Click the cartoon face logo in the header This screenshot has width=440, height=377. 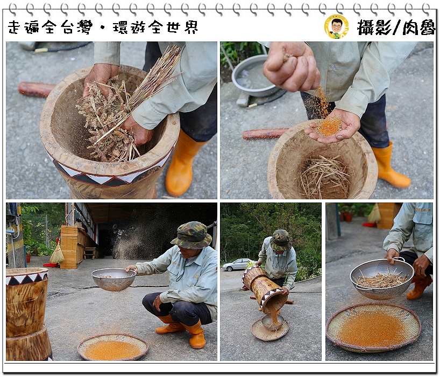point(336,27)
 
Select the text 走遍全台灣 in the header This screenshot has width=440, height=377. point(50,27)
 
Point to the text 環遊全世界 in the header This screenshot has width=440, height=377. point(155,27)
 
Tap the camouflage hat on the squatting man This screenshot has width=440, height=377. point(191,235)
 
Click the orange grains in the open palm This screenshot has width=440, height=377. point(329,126)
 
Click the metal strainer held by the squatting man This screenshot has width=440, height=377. point(113,279)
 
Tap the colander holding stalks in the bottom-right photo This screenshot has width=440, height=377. point(381,278)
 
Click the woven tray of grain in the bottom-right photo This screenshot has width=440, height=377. point(373,327)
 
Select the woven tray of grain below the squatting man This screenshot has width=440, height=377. point(113,347)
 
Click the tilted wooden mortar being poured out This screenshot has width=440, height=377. point(265,290)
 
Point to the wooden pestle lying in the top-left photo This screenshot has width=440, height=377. point(36,89)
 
